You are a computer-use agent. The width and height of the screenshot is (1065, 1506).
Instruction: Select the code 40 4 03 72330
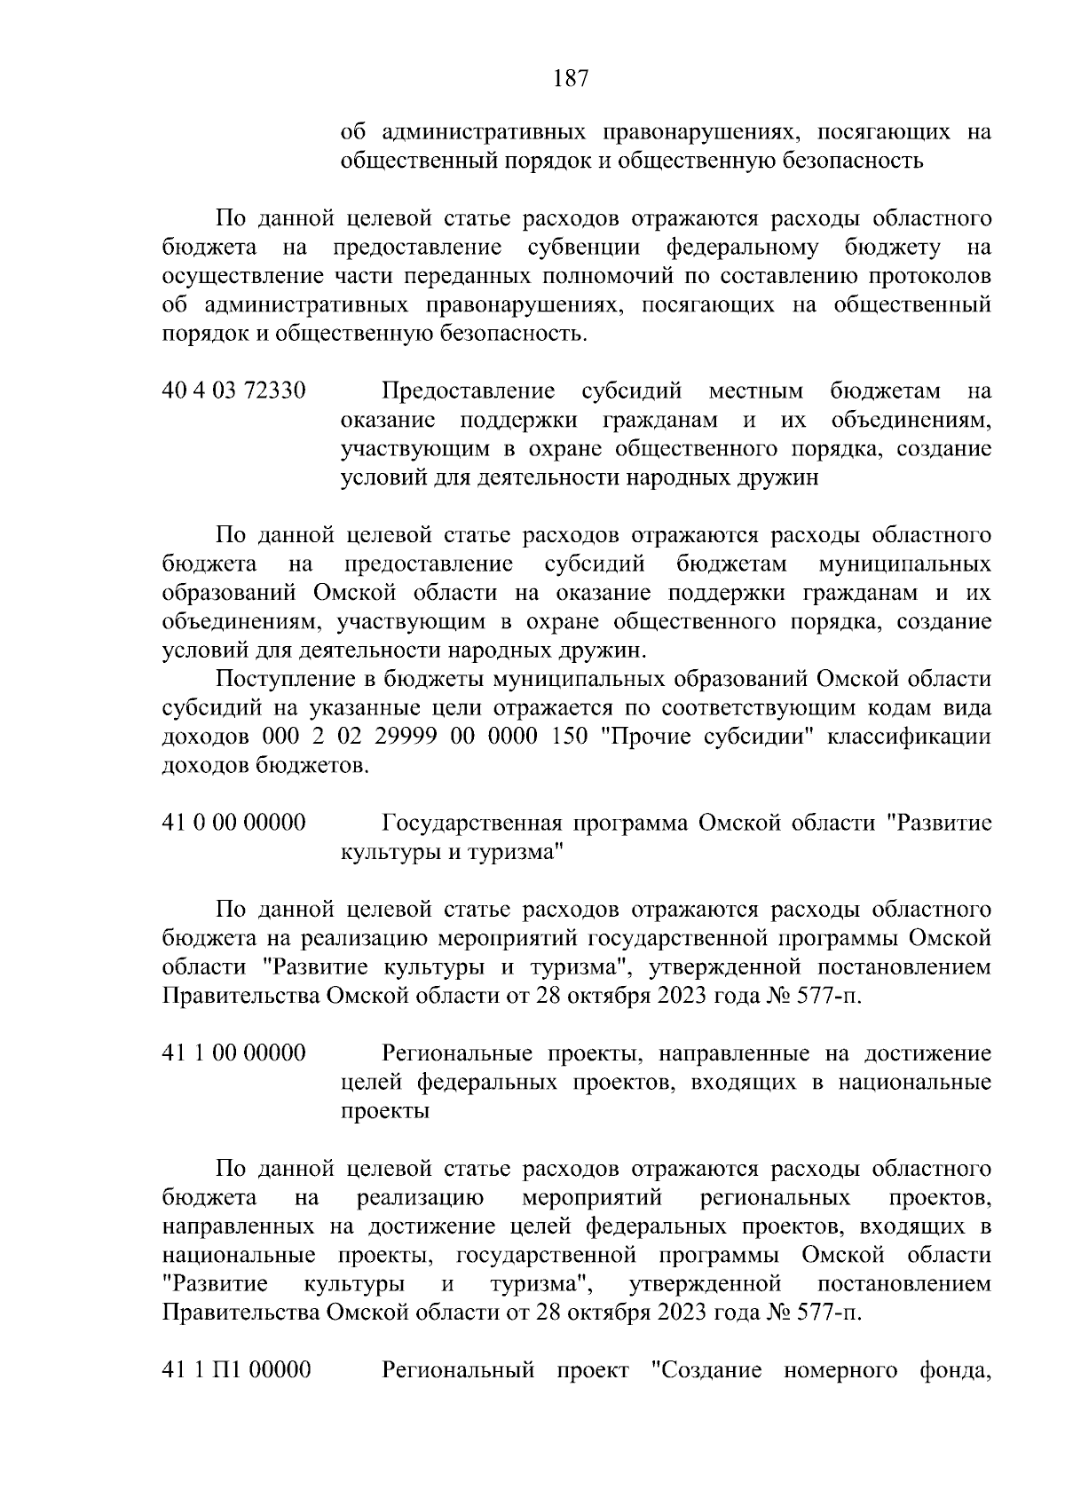pyautogui.click(x=234, y=391)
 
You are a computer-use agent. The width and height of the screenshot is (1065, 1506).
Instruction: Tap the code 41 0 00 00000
pyautogui.click(x=234, y=823)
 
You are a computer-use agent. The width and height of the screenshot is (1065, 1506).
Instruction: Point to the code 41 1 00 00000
pyautogui.click(x=234, y=1053)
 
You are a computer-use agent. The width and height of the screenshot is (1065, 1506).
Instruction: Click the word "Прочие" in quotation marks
pyautogui.click(x=636, y=737)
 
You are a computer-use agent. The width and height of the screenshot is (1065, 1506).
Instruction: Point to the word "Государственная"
pyautogui.click(x=471, y=823)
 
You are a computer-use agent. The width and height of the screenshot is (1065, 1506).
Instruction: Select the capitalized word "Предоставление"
pyautogui.click(x=468, y=391)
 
